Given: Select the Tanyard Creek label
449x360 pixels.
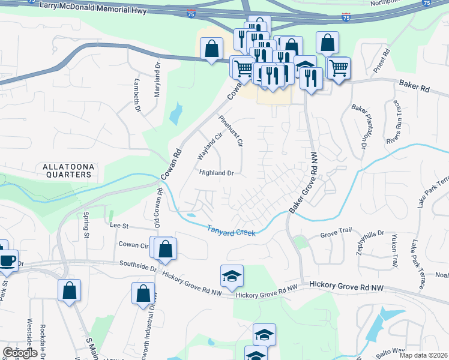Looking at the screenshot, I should (x=232, y=230).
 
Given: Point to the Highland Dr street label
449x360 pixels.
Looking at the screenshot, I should (x=216, y=173).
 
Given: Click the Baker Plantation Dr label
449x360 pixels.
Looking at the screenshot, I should (x=360, y=127).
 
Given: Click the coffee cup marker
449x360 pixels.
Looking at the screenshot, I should (x=7, y=259).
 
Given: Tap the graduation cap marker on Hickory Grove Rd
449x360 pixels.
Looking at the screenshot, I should (x=232, y=275).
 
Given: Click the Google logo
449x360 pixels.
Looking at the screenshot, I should (x=20, y=353).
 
